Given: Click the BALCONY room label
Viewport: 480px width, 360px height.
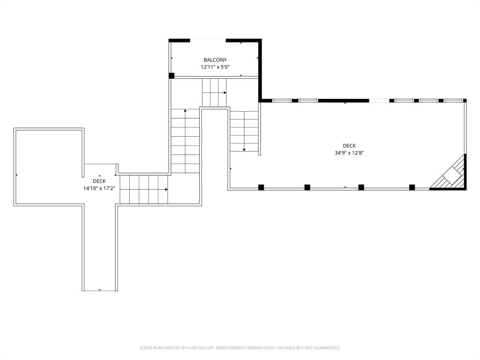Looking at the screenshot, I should point(215,60).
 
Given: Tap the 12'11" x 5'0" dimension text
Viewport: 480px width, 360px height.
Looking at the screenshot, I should point(215,67).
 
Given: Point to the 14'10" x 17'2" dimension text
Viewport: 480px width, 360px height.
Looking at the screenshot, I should point(99,188).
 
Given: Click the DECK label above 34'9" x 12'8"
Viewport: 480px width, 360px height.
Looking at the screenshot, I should point(349,145).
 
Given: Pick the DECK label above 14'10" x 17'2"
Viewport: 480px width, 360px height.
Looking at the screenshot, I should point(99,181).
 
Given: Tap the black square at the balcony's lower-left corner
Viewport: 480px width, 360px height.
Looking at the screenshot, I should point(172,75).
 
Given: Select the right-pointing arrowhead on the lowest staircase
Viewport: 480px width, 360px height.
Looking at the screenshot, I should point(166,189).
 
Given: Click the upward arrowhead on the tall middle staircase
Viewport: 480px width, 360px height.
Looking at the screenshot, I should point(185,111).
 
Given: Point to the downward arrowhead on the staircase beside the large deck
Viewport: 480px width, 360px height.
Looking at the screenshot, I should point(244,150).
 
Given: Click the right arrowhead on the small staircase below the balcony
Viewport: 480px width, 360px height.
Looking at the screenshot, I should point(225,93).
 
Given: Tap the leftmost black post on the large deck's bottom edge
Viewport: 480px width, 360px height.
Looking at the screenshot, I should point(261,187).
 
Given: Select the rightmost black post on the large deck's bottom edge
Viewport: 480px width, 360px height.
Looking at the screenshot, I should point(412,187).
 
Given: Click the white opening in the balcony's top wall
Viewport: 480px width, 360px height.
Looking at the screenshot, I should point(208,40).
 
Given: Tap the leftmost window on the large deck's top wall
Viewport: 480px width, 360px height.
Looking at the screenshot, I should point(282,100).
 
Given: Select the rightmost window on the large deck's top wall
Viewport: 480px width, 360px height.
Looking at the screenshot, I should point(453,100).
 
